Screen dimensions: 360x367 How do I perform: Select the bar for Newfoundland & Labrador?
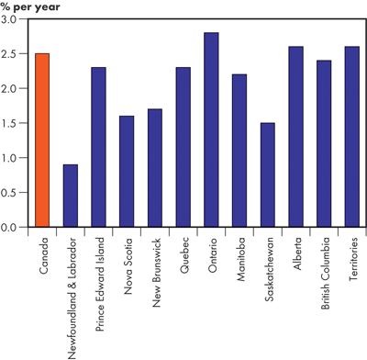coord(70,196)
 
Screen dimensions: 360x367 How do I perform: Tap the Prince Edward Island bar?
coord(98,147)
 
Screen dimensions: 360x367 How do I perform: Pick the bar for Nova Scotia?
coord(127,171)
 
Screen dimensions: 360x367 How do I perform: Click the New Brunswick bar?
coord(154,168)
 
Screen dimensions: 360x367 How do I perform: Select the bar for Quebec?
coord(183,147)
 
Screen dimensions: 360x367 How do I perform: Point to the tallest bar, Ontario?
coord(210,129)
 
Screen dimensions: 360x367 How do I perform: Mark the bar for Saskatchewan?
coord(267,174)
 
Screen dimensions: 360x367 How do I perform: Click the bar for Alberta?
coord(295,136)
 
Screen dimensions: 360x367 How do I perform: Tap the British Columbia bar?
coord(323,143)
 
